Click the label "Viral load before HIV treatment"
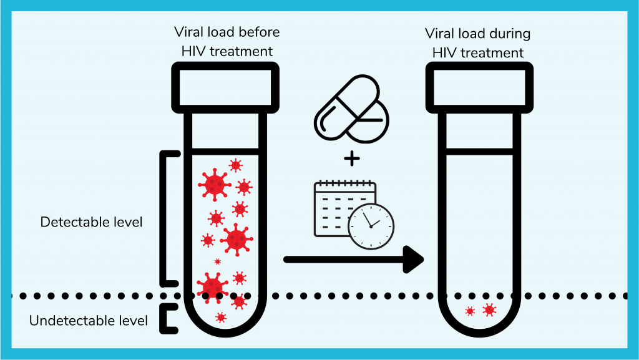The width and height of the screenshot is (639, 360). pyautogui.click(x=227, y=42)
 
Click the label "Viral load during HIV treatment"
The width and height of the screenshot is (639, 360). pyautogui.click(x=477, y=43)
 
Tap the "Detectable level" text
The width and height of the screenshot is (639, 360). pyautogui.click(x=91, y=222)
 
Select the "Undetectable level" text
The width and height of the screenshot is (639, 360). pyautogui.click(x=89, y=321)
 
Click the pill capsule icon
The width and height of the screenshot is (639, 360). pyautogui.click(x=346, y=107)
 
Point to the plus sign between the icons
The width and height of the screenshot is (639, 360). pyautogui.click(x=352, y=158)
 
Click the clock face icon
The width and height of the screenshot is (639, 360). pyautogui.click(x=371, y=226)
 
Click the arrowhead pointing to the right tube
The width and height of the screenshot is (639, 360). pyautogui.click(x=413, y=260)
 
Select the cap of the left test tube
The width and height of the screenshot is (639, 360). pyautogui.click(x=225, y=87)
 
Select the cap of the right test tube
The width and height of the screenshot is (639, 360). pyautogui.click(x=479, y=87)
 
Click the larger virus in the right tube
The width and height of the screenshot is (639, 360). pyautogui.click(x=489, y=310)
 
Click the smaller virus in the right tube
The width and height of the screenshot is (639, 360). pyautogui.click(x=470, y=311)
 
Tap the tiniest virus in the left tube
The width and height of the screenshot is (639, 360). pyautogui.click(x=218, y=261)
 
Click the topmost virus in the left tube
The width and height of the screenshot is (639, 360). pyautogui.click(x=235, y=165)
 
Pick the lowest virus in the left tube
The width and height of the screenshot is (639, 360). pyautogui.click(x=221, y=317)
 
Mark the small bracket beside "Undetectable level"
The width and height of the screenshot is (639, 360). pyautogui.click(x=168, y=318)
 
